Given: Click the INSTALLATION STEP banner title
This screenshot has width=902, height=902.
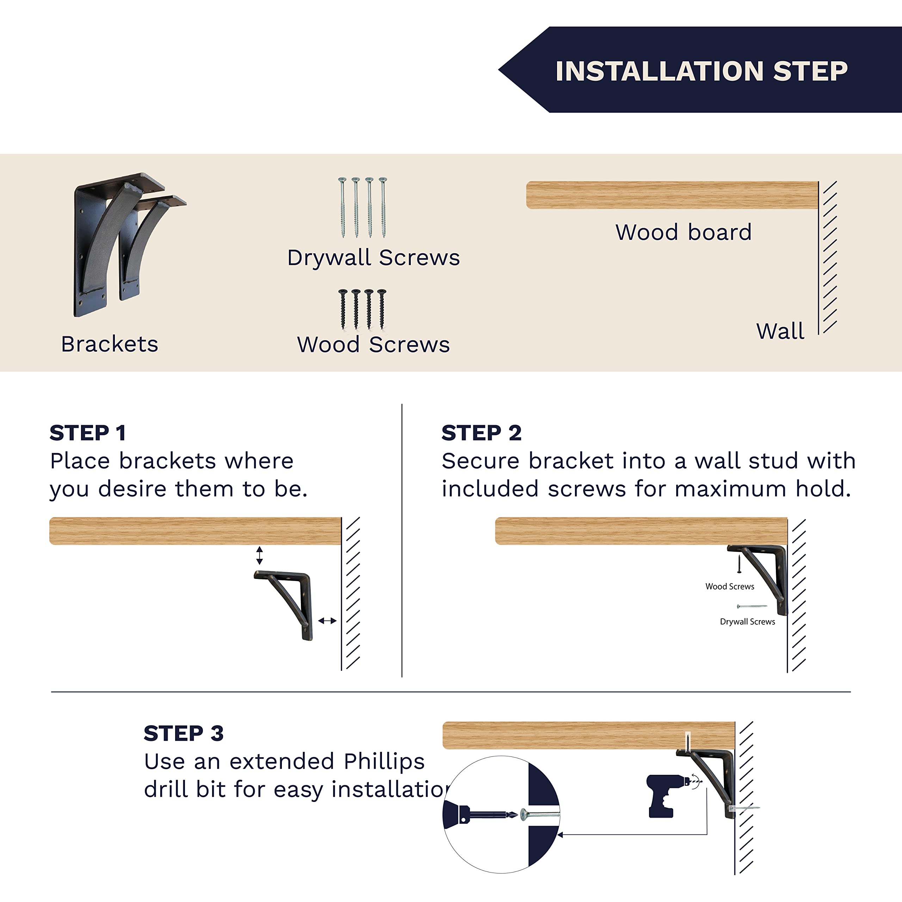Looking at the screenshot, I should [701, 71].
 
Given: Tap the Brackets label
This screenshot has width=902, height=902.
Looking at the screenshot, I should [110, 344].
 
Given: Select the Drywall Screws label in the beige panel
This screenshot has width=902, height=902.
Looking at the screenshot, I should [373, 258].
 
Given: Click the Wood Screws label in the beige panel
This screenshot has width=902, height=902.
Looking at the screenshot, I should [373, 345].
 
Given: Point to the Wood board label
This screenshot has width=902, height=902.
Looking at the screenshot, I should [684, 233].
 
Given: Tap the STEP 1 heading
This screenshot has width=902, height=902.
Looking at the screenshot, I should [88, 433].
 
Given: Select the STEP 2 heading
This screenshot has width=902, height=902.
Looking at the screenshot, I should [481, 433].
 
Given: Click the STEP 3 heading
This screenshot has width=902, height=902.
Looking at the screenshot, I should [184, 734].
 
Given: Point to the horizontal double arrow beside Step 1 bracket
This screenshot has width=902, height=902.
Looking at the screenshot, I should [327, 621].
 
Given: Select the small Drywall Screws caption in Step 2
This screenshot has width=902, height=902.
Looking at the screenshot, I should [747, 622].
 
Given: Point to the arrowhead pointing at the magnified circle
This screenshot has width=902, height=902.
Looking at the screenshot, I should [560, 835].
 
